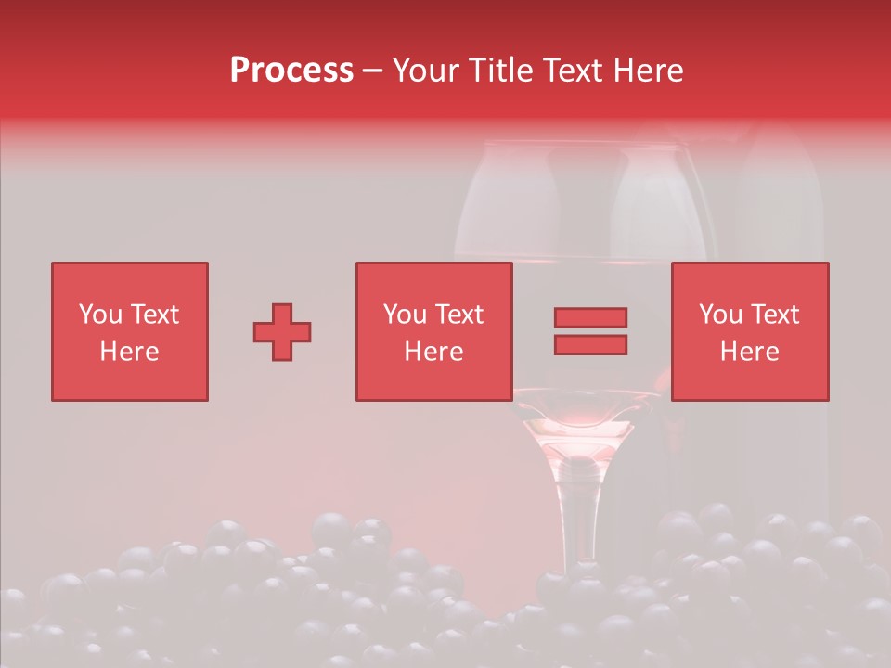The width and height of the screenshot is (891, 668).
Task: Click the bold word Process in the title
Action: (291, 71)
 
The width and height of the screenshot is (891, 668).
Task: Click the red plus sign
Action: (282, 331)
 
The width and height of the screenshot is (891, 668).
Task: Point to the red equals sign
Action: (590, 331)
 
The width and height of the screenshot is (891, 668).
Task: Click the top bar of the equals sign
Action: (590, 317)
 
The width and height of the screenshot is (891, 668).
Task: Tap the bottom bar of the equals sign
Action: (590, 344)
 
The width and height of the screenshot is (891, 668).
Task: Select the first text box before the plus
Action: (130, 331)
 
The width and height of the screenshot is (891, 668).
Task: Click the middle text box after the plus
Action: (433, 331)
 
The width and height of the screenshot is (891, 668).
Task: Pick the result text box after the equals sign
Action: (750, 331)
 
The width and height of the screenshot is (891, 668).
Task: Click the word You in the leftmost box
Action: (100, 315)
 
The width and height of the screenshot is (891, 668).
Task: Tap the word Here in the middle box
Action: (433, 352)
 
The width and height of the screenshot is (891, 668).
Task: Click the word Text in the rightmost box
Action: (775, 315)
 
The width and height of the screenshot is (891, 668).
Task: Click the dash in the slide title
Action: (373, 71)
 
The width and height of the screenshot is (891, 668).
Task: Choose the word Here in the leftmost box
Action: (130, 352)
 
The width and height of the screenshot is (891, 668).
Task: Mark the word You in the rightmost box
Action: (721, 315)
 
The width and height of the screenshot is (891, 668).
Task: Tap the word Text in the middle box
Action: (459, 315)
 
